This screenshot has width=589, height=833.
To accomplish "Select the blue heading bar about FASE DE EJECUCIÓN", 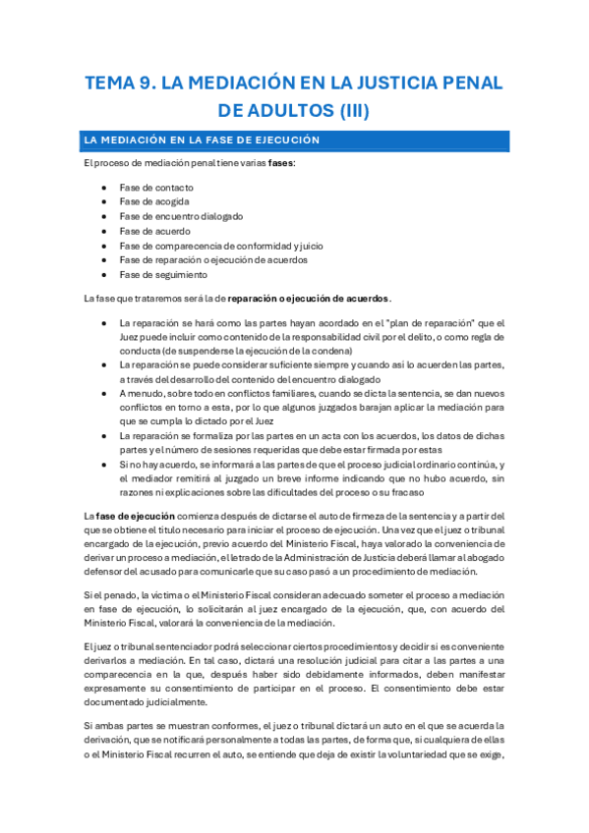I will click(x=294, y=140).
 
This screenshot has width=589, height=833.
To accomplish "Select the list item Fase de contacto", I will click(x=156, y=187).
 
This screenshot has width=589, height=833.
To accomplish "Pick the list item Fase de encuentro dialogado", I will click(x=181, y=216).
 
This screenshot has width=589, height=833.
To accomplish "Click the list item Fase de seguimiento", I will click(x=163, y=275).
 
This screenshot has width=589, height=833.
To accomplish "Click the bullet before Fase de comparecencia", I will click(x=105, y=246).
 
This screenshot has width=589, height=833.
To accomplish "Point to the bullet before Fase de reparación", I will click(x=105, y=260).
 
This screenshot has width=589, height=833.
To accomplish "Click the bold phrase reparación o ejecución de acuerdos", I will click(x=309, y=298).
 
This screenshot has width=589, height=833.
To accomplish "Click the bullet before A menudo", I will click(x=105, y=393).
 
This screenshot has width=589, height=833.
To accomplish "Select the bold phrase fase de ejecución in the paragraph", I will click(x=136, y=516).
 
